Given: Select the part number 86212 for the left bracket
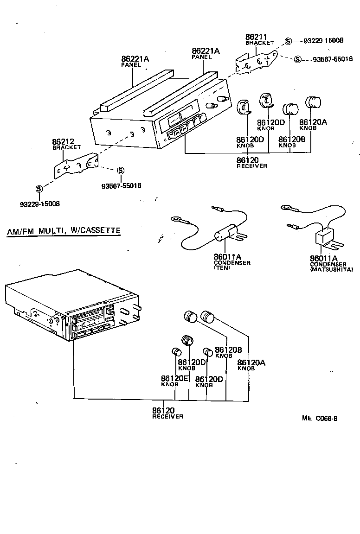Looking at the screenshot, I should coord(63,141).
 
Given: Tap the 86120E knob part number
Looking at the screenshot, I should coord(174,378).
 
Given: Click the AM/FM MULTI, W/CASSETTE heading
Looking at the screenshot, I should coord(64,230).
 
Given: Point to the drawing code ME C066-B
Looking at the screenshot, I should coord(319,418).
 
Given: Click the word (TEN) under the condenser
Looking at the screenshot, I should coord(222,268).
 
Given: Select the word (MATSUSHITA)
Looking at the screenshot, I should coord(332,269).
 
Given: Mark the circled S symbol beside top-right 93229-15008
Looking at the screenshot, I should coord(288,41).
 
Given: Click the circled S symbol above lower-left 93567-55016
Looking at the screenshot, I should coord(121,171).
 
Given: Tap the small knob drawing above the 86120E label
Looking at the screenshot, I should coord(176,351).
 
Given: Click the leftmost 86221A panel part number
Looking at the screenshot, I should coord(135,59).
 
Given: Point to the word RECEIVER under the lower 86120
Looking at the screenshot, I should coord(167,416).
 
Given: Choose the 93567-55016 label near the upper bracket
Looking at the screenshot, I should coord(333,59).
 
